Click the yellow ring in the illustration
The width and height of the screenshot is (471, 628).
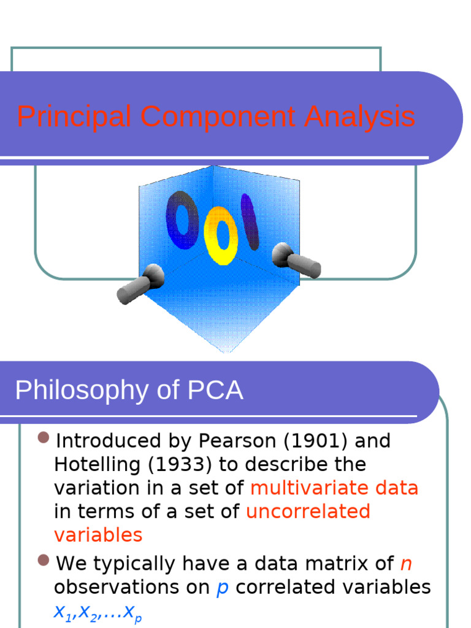[x=221, y=235]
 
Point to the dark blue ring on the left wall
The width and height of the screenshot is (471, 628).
[x=182, y=220]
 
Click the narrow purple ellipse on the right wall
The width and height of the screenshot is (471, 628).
[x=249, y=221]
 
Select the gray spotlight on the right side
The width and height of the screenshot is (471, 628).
[x=296, y=260]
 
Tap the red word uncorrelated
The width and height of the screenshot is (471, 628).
[x=308, y=511]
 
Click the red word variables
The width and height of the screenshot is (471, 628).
[x=98, y=535]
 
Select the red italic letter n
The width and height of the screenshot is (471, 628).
[x=406, y=564]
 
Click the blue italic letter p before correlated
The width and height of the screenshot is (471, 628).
[x=223, y=588]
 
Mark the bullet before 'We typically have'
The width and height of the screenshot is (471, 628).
[x=43, y=561]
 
